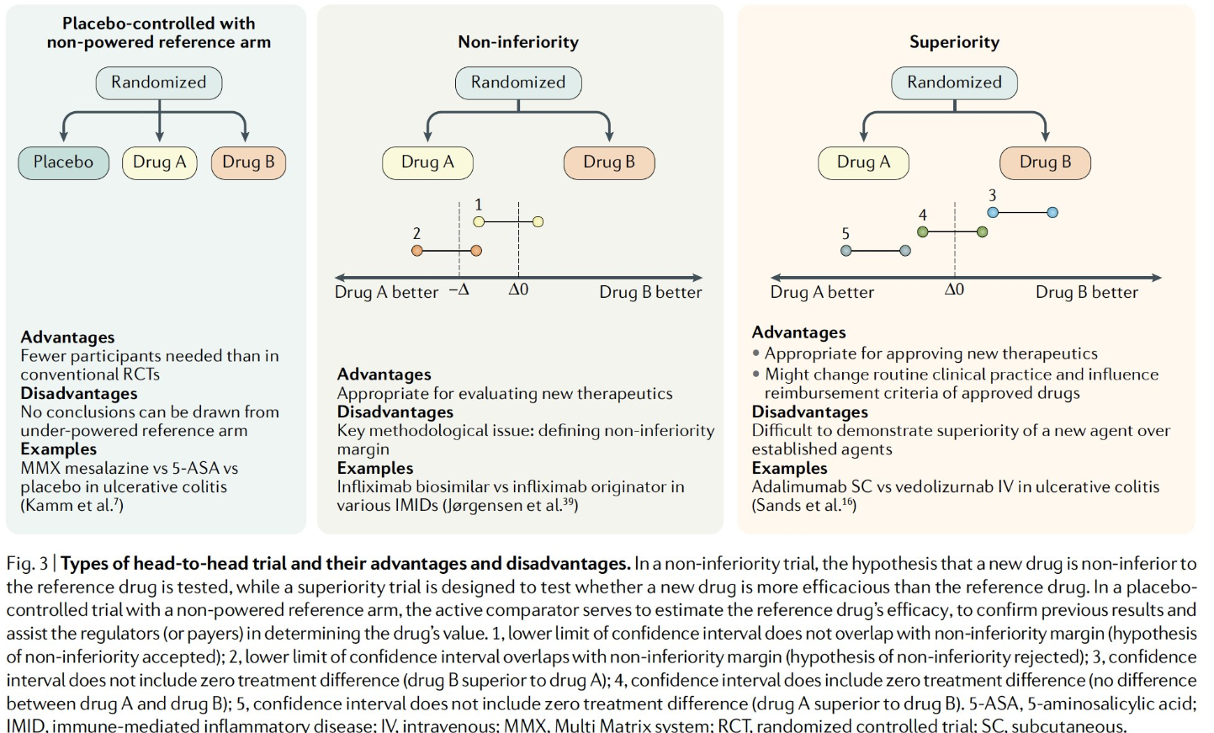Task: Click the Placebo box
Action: [x=63, y=162]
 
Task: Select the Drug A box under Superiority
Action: [x=863, y=162]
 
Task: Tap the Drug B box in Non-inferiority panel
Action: [x=608, y=162]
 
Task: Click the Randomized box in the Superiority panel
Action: [x=954, y=82]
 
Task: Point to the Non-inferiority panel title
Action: [x=518, y=42]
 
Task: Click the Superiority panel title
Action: [x=954, y=42]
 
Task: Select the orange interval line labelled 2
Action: [x=447, y=251]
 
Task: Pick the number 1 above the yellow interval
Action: [x=479, y=204]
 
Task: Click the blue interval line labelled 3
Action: [x=1022, y=213]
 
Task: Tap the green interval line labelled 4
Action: [x=952, y=231]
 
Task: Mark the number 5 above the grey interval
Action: [x=846, y=234]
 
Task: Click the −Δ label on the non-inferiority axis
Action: [x=459, y=290]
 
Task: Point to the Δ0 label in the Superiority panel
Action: [x=954, y=290]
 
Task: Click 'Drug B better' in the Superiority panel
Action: [x=1086, y=292]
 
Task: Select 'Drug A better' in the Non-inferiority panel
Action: [x=386, y=292]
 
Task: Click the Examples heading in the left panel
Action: [x=59, y=449]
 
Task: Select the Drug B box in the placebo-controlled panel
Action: [x=248, y=162]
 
